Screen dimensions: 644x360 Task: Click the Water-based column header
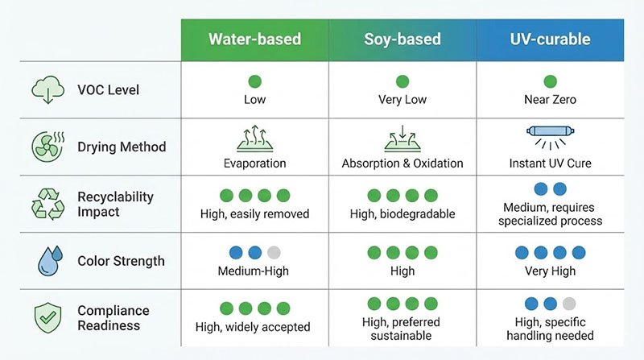click(x=254, y=39)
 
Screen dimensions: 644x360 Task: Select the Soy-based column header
click(x=402, y=39)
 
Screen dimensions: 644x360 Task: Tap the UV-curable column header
click(x=551, y=39)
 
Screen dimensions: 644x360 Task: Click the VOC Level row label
click(x=109, y=89)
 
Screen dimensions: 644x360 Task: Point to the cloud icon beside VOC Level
click(x=48, y=89)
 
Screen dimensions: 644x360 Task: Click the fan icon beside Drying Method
click(x=48, y=147)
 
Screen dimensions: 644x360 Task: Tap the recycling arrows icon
click(x=48, y=204)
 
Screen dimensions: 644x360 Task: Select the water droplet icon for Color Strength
click(x=50, y=261)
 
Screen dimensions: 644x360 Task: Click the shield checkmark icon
click(x=48, y=317)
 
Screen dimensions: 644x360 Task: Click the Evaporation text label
click(x=254, y=163)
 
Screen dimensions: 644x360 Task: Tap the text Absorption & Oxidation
click(x=402, y=163)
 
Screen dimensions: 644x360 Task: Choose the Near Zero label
click(x=551, y=99)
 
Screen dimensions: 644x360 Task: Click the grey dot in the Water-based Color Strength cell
click(x=274, y=252)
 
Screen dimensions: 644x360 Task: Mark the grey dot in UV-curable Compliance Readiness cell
click(x=569, y=304)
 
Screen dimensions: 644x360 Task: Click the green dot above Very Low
click(x=402, y=81)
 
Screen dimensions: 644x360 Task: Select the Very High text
click(x=551, y=271)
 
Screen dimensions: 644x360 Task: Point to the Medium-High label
click(x=254, y=271)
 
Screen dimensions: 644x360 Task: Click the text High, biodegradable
click(x=402, y=214)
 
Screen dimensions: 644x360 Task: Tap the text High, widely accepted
click(x=253, y=327)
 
